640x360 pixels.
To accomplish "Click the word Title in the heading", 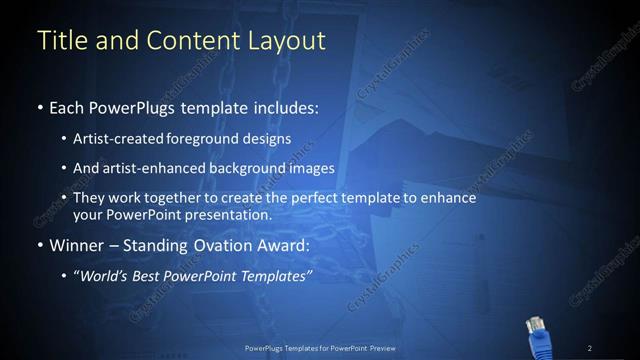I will [x=59, y=41].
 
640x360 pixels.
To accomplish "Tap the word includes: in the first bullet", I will [x=283, y=107].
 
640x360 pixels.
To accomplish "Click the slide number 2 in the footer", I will [x=589, y=347].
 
